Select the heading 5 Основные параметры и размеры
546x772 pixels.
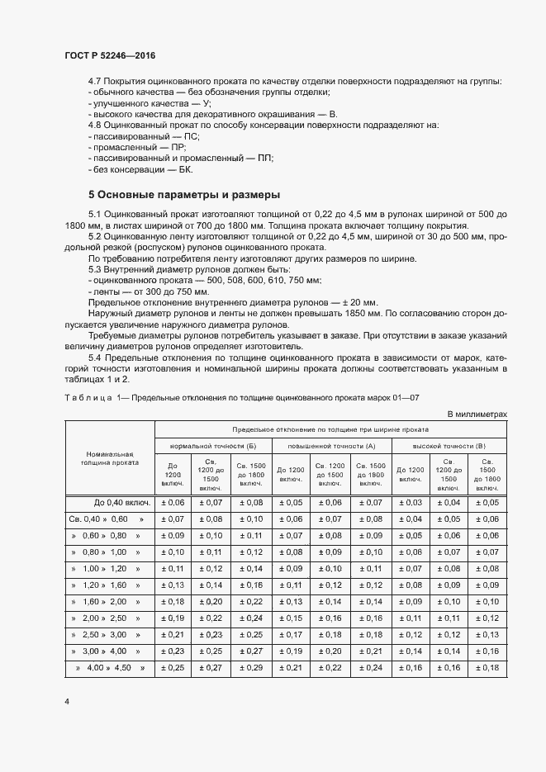[184, 196]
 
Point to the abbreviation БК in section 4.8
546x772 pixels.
[184, 169]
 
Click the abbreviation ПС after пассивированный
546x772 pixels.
[192, 135]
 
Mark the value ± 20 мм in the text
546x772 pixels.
[356, 302]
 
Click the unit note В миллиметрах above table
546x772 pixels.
[476, 414]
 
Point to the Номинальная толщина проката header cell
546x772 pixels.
[110, 458]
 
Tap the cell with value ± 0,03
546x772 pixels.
[411, 502]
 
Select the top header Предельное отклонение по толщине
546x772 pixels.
[330, 429]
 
